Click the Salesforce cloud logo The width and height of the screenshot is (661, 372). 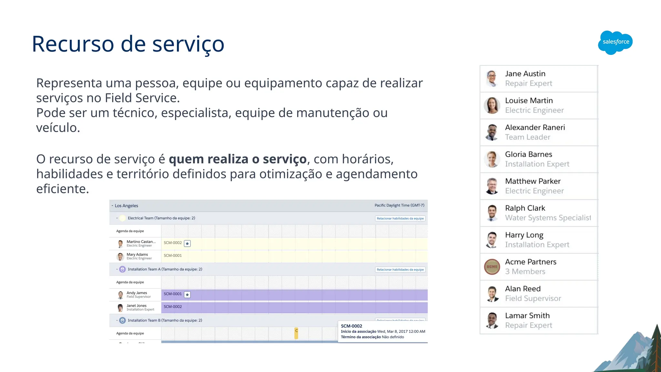click(x=615, y=42)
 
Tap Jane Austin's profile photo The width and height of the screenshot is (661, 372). click(x=492, y=79)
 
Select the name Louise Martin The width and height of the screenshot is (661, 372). click(x=529, y=101)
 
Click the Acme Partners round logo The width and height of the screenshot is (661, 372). click(x=492, y=267)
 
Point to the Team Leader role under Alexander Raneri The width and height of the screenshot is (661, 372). click(x=527, y=137)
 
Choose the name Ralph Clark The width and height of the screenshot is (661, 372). click(x=525, y=208)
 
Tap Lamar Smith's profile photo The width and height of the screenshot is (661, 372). click(x=492, y=320)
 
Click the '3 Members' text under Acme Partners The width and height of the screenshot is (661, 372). click(x=525, y=272)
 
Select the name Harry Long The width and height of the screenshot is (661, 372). click(x=524, y=235)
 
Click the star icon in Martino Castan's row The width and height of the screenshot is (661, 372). click(x=187, y=243)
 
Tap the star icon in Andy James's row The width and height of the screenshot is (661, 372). click(x=187, y=294)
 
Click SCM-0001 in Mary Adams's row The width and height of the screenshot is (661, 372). click(x=173, y=255)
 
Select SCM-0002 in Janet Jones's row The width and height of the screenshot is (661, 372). click(x=173, y=307)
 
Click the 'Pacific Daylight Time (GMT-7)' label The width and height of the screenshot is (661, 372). click(x=399, y=205)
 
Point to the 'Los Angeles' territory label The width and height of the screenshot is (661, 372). click(x=126, y=206)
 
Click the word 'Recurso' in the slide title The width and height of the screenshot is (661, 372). click(x=73, y=44)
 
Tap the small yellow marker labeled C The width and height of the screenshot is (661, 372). click(x=296, y=333)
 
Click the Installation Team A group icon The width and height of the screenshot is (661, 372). click(x=122, y=269)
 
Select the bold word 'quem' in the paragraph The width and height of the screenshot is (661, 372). click(x=186, y=159)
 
